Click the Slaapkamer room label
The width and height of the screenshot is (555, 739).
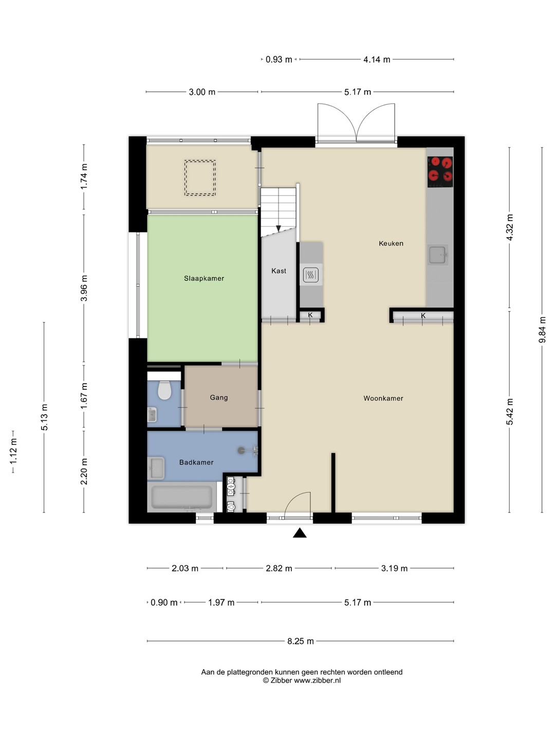pyautogui.click(x=204, y=279)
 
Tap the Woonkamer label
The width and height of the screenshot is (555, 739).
pyautogui.click(x=383, y=398)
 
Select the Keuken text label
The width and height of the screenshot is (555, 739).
pyautogui.click(x=391, y=243)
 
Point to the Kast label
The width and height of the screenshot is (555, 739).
pyautogui.click(x=279, y=270)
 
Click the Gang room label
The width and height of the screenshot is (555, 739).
pyautogui.click(x=219, y=398)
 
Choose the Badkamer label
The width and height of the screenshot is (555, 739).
pyautogui.click(x=196, y=462)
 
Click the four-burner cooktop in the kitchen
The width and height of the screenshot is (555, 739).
pyautogui.click(x=440, y=172)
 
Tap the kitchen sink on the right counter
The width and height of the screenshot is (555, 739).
pyautogui.click(x=438, y=254)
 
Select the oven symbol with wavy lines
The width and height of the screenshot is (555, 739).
pyautogui.click(x=311, y=275)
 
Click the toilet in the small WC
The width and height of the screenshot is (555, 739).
pyautogui.click(x=164, y=390)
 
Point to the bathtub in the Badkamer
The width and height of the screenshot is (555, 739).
pyautogui.click(x=181, y=497)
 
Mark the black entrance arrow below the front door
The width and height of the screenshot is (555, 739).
pyautogui.click(x=300, y=533)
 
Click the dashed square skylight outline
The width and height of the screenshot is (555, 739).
pyautogui.click(x=200, y=178)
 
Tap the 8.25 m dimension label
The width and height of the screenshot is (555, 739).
pyautogui.click(x=300, y=641)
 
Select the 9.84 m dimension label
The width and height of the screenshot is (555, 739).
pyautogui.click(x=542, y=329)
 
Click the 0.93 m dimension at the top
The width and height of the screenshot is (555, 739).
pyautogui.click(x=279, y=60)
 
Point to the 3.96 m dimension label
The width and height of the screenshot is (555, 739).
pyautogui.click(x=84, y=288)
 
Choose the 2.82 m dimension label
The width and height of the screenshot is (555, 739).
pyautogui.click(x=279, y=569)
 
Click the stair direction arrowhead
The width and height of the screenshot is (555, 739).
pyautogui.click(x=279, y=228)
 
